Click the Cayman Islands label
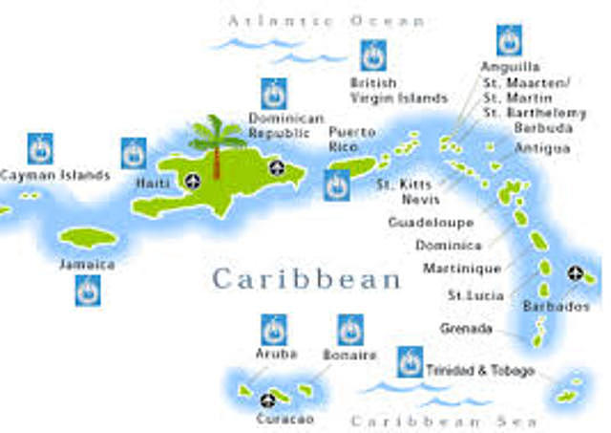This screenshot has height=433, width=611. coord(54,176)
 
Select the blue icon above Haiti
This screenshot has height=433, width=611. coord(134,153)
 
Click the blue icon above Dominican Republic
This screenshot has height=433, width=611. coord(274,94)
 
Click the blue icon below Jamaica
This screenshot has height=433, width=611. coord(88,290)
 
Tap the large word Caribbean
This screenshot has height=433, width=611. coord(306,279)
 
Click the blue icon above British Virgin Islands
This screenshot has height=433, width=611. coord(373,55)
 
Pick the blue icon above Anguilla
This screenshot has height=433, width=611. coord(509,40)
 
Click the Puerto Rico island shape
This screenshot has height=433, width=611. coord(352,166)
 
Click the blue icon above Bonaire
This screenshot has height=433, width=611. coord(350,330)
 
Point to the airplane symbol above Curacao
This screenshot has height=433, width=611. coord(268,399)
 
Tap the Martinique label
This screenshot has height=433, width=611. coord(462,269)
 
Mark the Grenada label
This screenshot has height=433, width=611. coord(467,328)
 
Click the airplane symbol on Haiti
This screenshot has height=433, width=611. coord(194,181)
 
